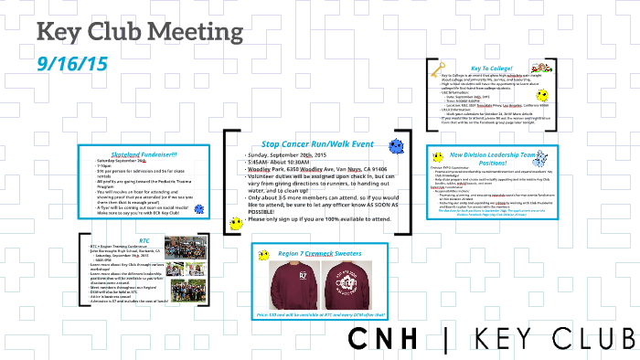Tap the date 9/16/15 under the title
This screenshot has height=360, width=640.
tap(72, 64)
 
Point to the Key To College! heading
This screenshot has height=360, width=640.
tap(490, 68)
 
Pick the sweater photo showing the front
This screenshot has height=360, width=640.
tap(290, 284)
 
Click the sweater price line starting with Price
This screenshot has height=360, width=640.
tap(319, 315)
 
